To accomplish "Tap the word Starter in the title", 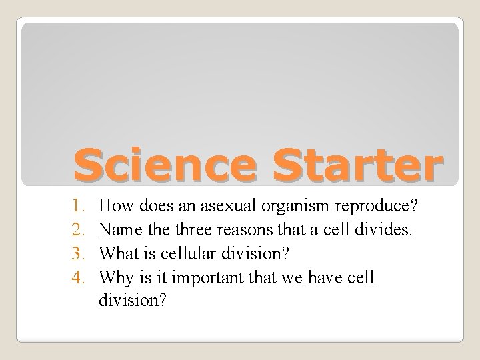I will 346,164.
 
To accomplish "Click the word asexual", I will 227,207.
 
